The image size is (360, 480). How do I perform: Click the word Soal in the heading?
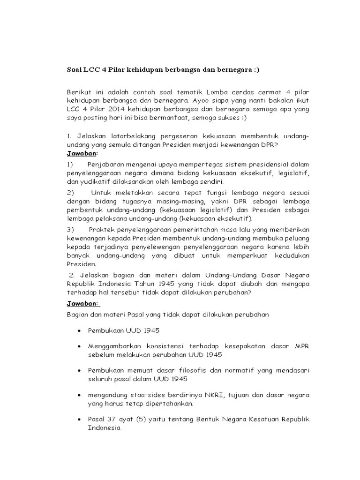[x=75, y=70]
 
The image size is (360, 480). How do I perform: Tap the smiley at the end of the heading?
[x=255, y=70]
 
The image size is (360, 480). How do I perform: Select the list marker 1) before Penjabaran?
[x=70, y=165]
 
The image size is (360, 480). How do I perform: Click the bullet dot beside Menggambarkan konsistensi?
[x=78, y=346]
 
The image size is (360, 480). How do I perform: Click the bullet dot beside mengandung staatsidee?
[x=78, y=395]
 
